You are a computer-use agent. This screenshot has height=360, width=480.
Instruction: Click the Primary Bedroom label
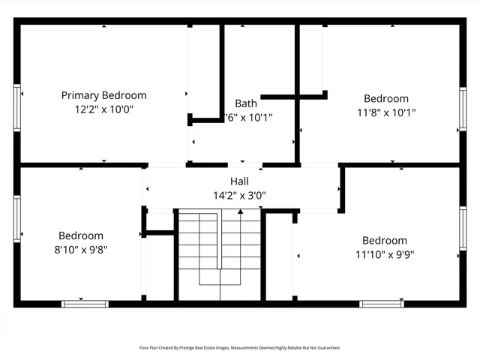tap(103, 95)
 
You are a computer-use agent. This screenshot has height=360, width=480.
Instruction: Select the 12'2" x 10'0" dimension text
tap(103, 109)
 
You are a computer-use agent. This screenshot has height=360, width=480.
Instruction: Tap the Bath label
tap(246, 103)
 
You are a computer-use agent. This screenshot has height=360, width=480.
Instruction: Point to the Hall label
tap(239, 181)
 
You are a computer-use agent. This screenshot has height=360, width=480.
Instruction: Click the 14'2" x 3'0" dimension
tap(239, 195)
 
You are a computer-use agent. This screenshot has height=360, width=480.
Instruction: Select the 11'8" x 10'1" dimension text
tap(386, 112)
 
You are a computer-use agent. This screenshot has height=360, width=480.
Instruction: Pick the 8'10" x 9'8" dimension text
tap(82, 250)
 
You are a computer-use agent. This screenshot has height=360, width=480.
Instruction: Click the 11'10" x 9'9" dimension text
tap(385, 254)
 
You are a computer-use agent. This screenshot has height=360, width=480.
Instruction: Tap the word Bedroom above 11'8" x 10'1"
tap(386, 98)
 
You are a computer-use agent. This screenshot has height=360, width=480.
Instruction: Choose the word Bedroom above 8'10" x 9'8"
tap(82, 235)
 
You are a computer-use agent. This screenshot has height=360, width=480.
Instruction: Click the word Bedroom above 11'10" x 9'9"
tap(385, 240)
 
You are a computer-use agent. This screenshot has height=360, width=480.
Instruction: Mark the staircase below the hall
tap(219, 247)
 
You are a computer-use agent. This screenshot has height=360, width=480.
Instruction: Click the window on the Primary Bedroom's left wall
tap(16, 108)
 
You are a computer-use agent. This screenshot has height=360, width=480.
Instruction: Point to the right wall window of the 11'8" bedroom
tap(463, 111)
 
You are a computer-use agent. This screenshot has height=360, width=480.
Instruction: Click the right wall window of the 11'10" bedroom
tap(463, 228)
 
